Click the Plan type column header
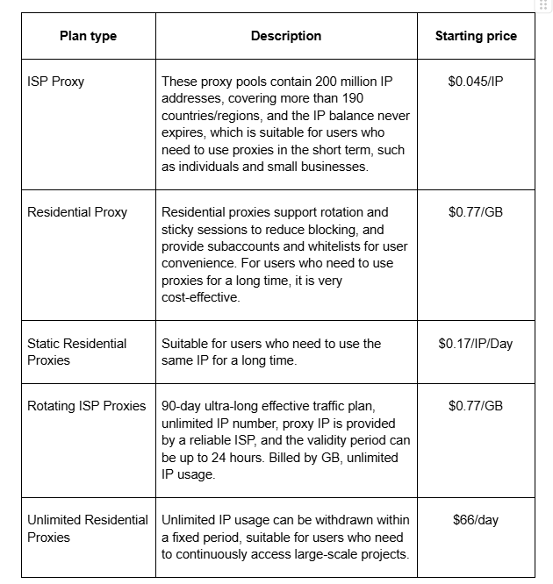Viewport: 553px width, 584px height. pyautogui.click(x=88, y=36)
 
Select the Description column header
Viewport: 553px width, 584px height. pyautogui.click(x=286, y=36)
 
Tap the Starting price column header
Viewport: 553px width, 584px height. pyautogui.click(x=476, y=36)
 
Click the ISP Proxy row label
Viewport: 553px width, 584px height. pyautogui.click(x=56, y=82)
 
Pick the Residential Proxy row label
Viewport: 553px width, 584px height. pyautogui.click(x=77, y=212)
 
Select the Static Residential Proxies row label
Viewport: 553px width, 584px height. pyautogui.click(x=77, y=352)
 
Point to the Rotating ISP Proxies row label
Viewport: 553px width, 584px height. pyautogui.click(x=87, y=406)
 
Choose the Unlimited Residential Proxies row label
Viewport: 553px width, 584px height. pyautogui.click(x=88, y=529)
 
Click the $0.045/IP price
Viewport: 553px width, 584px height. pyautogui.click(x=476, y=82)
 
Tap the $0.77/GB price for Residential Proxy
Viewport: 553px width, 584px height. pyautogui.click(x=476, y=212)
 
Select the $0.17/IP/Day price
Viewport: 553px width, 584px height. pyautogui.click(x=476, y=344)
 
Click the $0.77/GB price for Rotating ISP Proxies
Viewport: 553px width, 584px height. pyautogui.click(x=476, y=406)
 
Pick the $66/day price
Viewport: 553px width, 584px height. pyautogui.click(x=476, y=520)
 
